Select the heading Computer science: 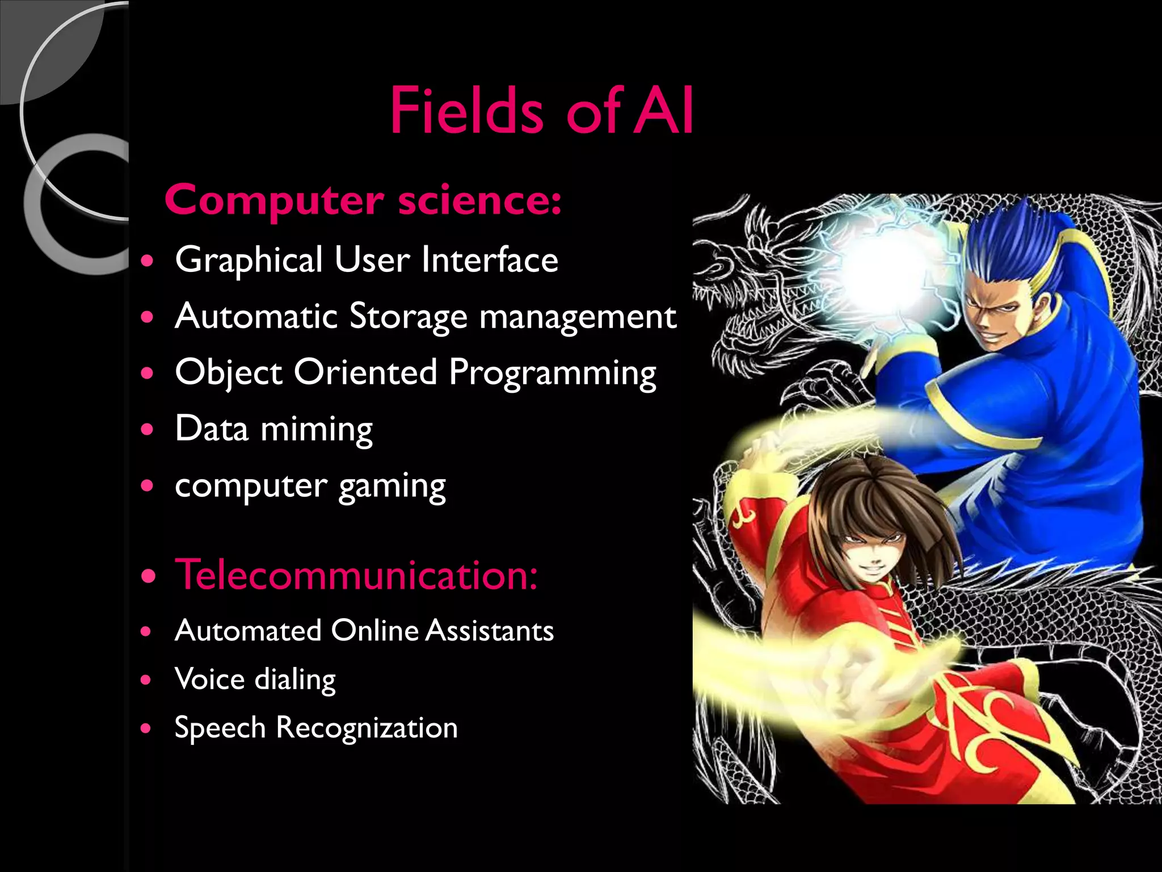(x=363, y=200)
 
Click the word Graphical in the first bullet (x=249, y=260)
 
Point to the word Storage (x=408, y=316)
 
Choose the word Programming (x=552, y=373)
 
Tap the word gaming (x=392, y=487)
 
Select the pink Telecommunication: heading (x=356, y=575)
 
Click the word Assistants (x=489, y=631)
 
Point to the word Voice (x=210, y=679)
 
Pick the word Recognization (x=367, y=728)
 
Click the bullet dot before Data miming (x=148, y=429)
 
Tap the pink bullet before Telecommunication (x=149, y=577)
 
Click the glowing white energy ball (x=885, y=272)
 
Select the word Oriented (x=365, y=373)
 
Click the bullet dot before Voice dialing (x=147, y=680)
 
